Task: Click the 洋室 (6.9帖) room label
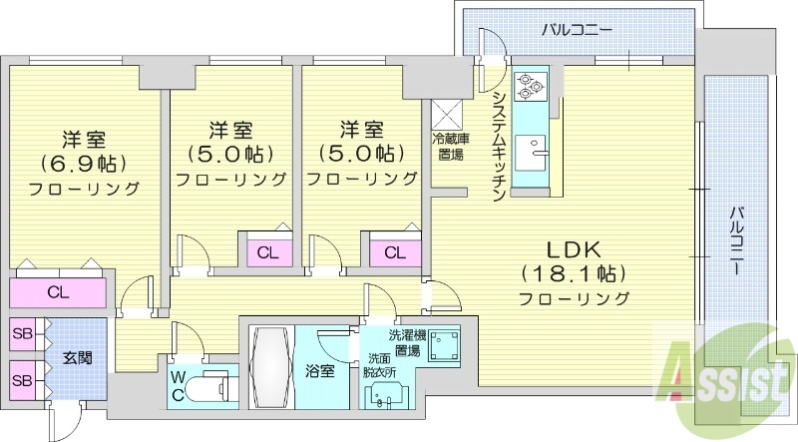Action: [84, 161]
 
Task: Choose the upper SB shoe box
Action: [22, 334]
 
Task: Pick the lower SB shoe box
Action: [22, 379]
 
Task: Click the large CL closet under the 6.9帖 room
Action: [58, 293]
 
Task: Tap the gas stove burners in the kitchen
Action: [529, 88]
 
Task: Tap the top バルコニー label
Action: [577, 30]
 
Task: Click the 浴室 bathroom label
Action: [319, 370]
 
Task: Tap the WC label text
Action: [177, 384]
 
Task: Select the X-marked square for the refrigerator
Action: [446, 113]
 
